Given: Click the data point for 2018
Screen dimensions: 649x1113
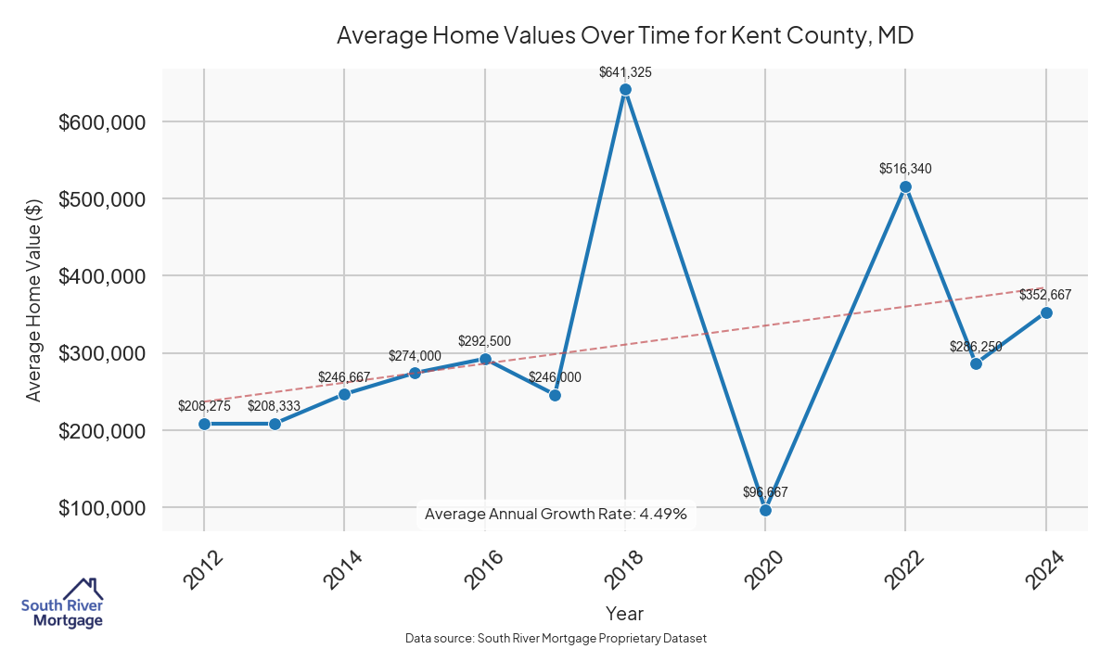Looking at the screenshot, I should [x=625, y=90].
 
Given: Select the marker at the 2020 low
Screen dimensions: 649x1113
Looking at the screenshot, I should [x=765, y=510].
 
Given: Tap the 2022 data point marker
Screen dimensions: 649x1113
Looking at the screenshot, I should [x=906, y=187].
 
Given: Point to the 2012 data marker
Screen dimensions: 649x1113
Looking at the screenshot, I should [x=204, y=424].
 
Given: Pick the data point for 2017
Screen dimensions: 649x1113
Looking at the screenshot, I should [x=555, y=395].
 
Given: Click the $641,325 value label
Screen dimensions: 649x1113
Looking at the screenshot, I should [x=625, y=71].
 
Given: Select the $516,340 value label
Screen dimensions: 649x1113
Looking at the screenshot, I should [x=905, y=169].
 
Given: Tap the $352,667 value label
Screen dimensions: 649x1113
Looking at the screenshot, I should [x=1045, y=295].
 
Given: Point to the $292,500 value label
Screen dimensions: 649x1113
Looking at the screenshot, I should [x=484, y=341].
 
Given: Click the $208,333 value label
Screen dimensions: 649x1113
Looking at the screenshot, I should [x=275, y=406].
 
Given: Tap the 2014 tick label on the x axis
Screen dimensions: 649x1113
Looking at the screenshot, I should [x=342, y=570].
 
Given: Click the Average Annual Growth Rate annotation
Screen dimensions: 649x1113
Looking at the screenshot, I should [x=556, y=514].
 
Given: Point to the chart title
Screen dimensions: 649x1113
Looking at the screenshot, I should [x=625, y=36].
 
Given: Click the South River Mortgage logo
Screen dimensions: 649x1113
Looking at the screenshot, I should [x=62, y=604].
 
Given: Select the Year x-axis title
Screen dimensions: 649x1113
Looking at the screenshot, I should [x=624, y=613].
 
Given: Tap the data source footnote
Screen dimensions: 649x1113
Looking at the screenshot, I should [x=556, y=638].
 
